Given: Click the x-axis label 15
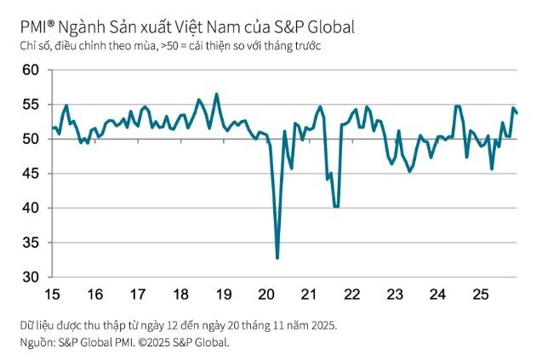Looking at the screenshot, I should (x=52, y=294).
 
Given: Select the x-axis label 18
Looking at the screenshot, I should (x=180, y=294).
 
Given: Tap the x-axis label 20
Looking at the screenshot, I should (x=265, y=294).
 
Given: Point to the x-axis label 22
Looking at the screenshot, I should (x=351, y=294).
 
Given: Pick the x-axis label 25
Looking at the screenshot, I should (x=479, y=294).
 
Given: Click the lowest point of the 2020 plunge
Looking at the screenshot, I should (x=277, y=258).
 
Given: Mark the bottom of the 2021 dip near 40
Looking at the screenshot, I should (x=336, y=207).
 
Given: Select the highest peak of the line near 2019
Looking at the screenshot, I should (x=216, y=94).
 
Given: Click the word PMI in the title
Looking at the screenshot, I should (x=32, y=27).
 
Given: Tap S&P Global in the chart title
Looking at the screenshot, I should (x=315, y=27).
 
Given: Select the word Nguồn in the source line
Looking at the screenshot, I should (x=36, y=342).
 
